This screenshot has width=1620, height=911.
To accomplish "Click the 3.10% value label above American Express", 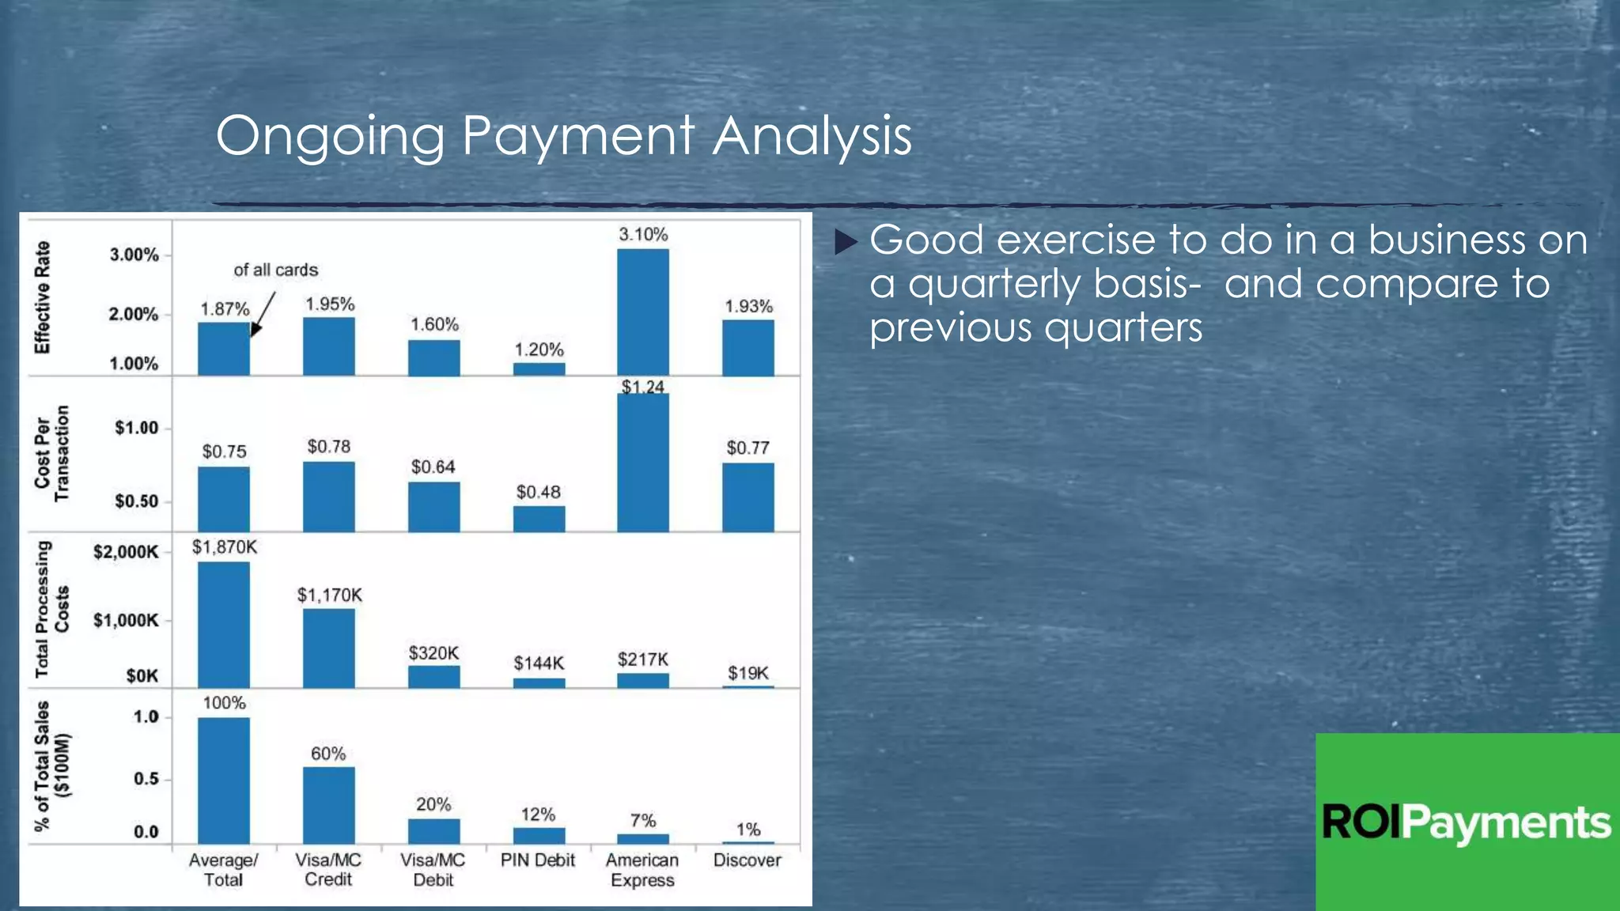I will click(x=643, y=234).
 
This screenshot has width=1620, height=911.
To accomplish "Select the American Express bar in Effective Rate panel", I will click(x=643, y=312).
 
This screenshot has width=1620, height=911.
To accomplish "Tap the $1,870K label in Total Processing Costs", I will click(x=225, y=547).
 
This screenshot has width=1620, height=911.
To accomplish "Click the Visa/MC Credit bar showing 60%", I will click(x=329, y=805).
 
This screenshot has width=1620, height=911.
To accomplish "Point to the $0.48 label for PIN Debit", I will click(x=538, y=492).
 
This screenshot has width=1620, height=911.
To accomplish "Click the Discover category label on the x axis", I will click(x=747, y=860).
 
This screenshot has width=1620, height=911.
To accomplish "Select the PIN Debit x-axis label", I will click(x=538, y=860).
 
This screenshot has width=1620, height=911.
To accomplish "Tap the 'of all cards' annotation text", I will click(x=275, y=270).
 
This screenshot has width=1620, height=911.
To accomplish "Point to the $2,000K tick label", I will click(x=126, y=552).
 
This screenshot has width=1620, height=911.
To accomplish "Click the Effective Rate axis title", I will click(x=42, y=297).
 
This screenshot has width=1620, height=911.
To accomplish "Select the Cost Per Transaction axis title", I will click(x=51, y=454).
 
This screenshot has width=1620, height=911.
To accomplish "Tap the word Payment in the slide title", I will click(x=577, y=135).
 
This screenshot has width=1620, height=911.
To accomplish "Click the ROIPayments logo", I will click(x=1467, y=822).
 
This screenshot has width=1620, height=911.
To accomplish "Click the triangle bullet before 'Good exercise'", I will click(x=846, y=241).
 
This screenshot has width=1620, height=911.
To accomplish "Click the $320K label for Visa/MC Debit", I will click(x=433, y=653).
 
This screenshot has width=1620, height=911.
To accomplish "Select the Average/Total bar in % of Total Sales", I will click(x=224, y=781).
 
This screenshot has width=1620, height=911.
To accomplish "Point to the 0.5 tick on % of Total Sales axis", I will click(x=146, y=779).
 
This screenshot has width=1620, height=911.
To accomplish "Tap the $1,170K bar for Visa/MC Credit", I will click(x=329, y=648).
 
